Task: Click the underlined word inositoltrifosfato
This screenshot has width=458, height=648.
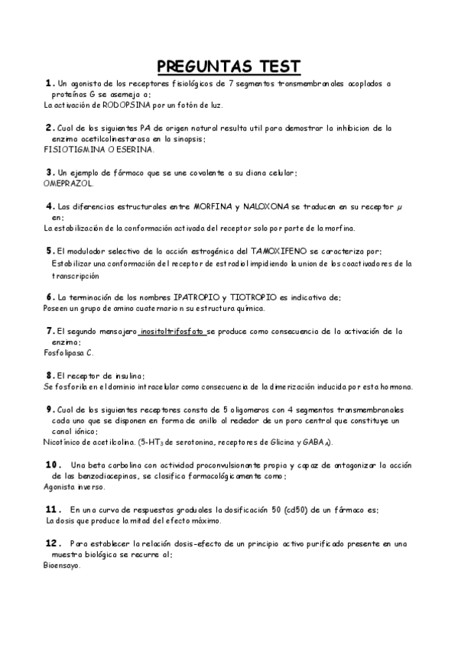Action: tap(172, 331)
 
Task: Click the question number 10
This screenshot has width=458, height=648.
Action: tap(53, 465)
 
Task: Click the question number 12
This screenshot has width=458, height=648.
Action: tap(53, 543)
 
